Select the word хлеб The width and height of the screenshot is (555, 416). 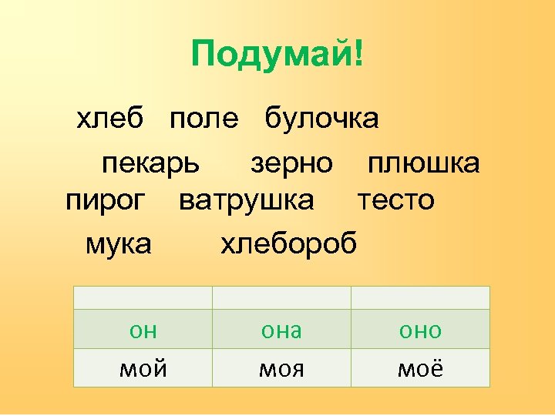(110, 119)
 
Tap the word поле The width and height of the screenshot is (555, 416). (204, 119)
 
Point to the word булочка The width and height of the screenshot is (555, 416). (321, 119)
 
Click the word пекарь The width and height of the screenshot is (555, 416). (151, 163)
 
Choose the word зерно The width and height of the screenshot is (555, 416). (292, 163)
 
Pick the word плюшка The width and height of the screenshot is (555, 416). (423, 163)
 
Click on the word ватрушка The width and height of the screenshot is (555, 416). (247, 200)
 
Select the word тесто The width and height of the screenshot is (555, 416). (396, 200)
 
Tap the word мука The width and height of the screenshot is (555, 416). (119, 244)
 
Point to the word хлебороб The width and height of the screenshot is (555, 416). (289, 244)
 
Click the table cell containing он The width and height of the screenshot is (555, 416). (143, 330)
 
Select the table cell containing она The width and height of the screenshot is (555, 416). (281, 330)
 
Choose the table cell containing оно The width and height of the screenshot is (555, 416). (420, 330)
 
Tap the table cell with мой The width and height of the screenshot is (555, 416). (143, 368)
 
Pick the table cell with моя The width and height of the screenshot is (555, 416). (281, 368)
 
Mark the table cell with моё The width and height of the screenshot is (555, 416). (420, 368)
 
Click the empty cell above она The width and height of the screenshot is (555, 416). (281, 297)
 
